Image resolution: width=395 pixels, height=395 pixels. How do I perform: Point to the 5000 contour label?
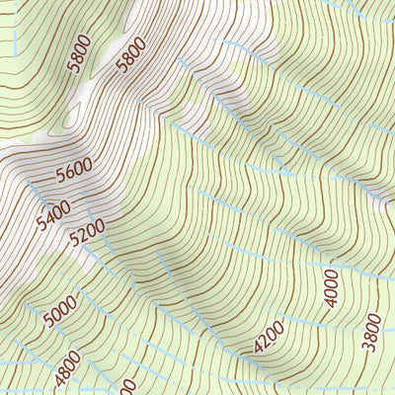(x=60, y=314)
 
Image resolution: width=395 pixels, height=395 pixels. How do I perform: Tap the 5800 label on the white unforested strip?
(x=129, y=55)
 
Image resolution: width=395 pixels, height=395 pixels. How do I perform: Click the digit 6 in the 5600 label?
(x=68, y=176)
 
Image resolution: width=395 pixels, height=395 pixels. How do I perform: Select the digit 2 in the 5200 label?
(x=83, y=235)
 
